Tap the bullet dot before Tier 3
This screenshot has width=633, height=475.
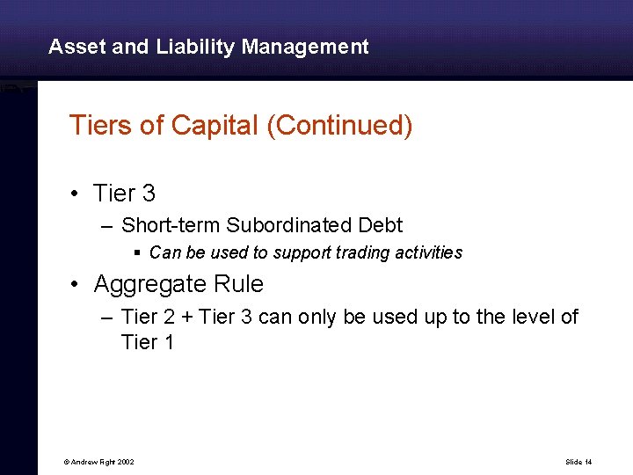77,194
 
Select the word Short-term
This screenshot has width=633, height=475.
171,225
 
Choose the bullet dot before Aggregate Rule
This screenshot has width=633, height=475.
77,285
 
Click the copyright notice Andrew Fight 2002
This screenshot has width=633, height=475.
98,462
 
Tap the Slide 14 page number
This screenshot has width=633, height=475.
578,462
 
